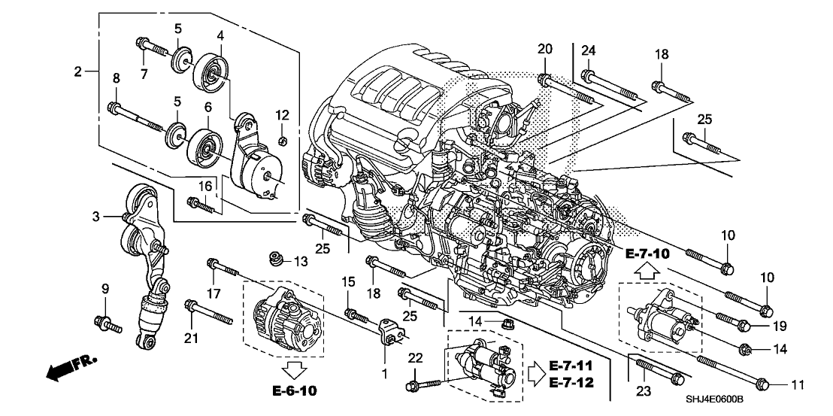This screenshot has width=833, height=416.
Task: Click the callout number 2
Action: [x=78, y=72]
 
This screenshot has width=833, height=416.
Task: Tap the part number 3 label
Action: [x=96, y=217]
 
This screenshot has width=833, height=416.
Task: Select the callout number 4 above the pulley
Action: [x=220, y=35]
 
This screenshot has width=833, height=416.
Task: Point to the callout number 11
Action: [x=798, y=384]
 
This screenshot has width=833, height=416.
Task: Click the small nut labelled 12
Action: [x=282, y=141]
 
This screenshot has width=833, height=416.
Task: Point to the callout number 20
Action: [x=545, y=49]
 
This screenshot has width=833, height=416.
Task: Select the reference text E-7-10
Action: [x=647, y=254]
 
